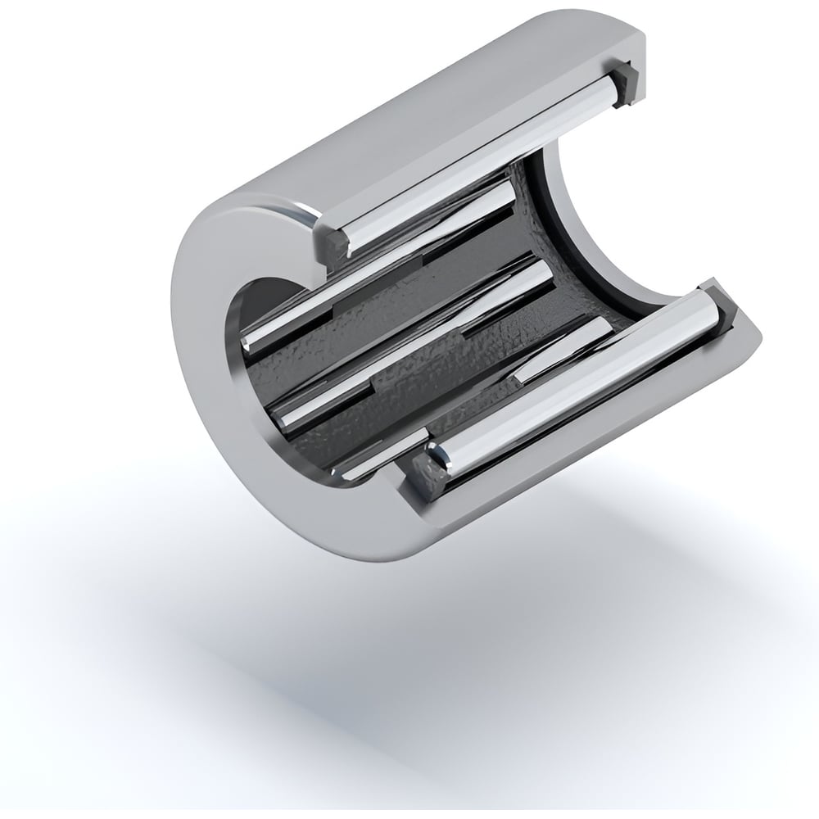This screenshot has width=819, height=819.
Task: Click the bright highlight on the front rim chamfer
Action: point(278,209)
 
